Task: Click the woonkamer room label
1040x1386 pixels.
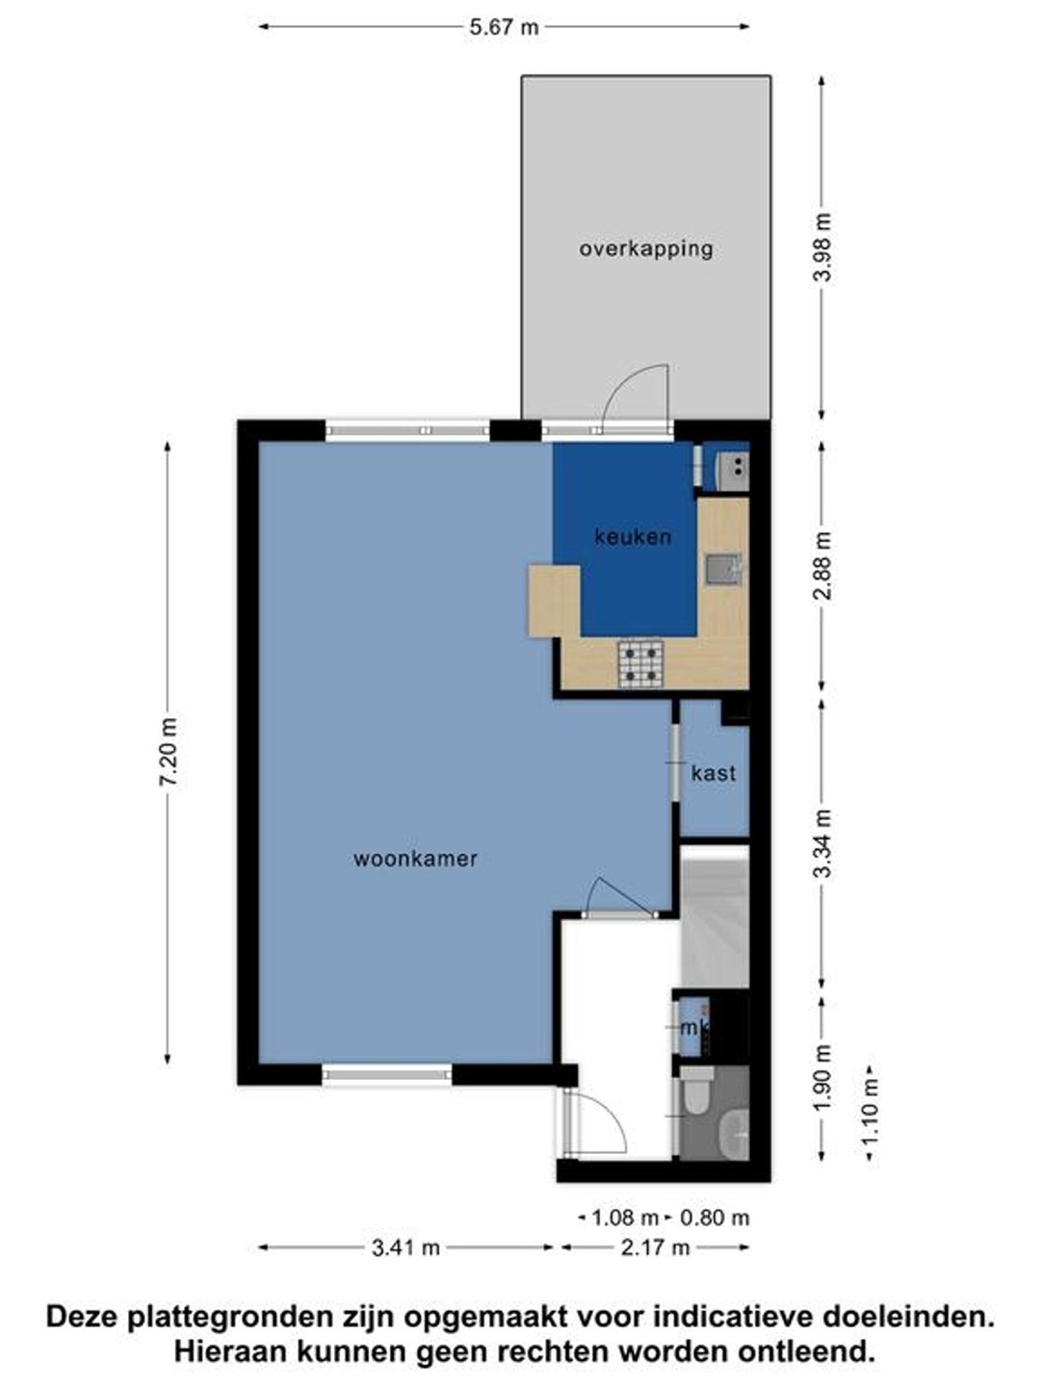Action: pyautogui.click(x=415, y=859)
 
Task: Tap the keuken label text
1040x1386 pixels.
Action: pyautogui.click(x=633, y=537)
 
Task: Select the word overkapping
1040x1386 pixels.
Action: pyautogui.click(x=646, y=248)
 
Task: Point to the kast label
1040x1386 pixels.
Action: pyautogui.click(x=714, y=773)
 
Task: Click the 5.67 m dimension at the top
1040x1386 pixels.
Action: pyautogui.click(x=504, y=27)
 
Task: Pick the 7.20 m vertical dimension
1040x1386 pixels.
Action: pyautogui.click(x=169, y=752)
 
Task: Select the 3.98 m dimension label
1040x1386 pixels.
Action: pyautogui.click(x=823, y=247)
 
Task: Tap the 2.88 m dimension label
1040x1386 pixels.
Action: pyautogui.click(x=823, y=566)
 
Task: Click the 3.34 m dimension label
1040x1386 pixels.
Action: pyautogui.click(x=823, y=843)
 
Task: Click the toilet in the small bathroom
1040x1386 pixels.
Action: pyautogui.click(x=698, y=1091)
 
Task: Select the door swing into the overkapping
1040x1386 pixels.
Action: pyautogui.click(x=636, y=398)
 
